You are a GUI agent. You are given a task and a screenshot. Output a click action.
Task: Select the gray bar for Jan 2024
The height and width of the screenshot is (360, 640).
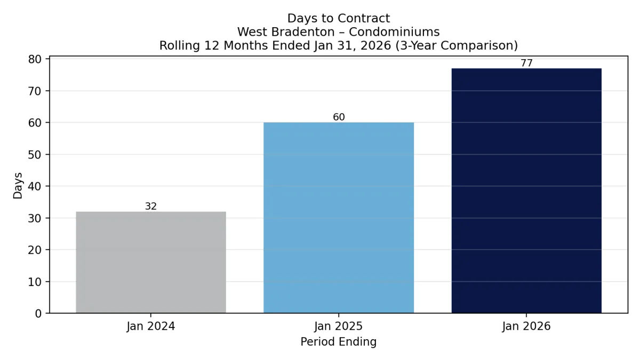(151, 262)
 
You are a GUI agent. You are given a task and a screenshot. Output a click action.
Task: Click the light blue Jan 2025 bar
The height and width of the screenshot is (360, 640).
(339, 218)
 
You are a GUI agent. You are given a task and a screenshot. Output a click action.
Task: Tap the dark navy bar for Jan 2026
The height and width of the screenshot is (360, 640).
(526, 190)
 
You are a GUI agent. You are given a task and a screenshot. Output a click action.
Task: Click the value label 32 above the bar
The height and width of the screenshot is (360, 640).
(151, 206)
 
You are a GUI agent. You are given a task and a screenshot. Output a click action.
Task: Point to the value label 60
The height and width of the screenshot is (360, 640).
(339, 117)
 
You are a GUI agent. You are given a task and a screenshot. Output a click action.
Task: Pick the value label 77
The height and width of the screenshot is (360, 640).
(526, 63)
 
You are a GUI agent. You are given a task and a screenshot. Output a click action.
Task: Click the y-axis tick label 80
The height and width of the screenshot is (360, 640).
(35, 59)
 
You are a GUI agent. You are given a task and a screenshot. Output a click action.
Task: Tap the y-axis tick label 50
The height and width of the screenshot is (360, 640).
(35, 155)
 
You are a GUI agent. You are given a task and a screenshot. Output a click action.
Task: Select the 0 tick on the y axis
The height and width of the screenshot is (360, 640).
(38, 314)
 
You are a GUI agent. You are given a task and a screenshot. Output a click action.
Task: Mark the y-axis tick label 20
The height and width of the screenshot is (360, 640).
(35, 250)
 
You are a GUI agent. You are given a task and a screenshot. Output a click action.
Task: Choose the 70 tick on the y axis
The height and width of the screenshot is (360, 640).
(35, 91)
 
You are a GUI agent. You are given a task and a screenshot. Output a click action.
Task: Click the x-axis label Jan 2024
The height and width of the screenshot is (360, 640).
(151, 326)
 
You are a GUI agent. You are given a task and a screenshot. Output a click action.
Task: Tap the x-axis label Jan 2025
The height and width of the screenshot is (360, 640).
(339, 326)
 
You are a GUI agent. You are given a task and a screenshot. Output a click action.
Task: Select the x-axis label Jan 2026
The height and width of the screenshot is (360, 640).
(526, 326)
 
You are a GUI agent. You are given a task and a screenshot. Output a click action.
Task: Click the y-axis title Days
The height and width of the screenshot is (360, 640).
(18, 186)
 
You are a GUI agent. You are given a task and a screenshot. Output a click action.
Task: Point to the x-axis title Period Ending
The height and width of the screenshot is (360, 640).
(339, 342)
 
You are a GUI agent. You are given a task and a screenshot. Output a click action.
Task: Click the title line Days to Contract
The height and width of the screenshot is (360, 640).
(339, 19)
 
